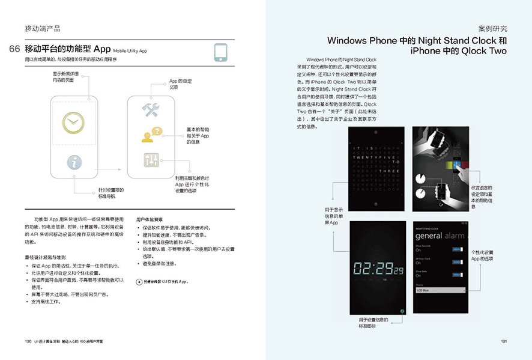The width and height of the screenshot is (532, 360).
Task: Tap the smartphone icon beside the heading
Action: pyautogui.click(x=223, y=52)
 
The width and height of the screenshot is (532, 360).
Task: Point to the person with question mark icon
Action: pyautogui.click(x=151, y=135)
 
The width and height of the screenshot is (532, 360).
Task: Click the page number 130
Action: pyautogui.click(x=28, y=342)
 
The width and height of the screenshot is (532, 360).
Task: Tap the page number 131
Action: pyautogui.click(x=504, y=342)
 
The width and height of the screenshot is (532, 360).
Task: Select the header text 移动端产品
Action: pyautogui.click(x=42, y=28)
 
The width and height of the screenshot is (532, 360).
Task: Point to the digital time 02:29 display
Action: pyautogui.click(x=376, y=268)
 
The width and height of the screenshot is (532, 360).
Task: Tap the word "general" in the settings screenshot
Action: pyautogui.click(x=429, y=236)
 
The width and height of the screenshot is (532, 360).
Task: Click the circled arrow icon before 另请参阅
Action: pyautogui.click(x=139, y=281)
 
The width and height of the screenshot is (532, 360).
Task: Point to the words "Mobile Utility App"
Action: pyautogui.click(x=130, y=51)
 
